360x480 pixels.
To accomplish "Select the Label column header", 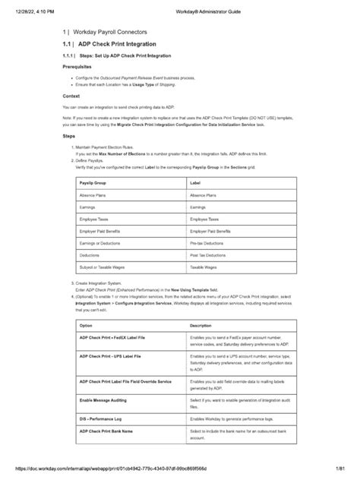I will pos(196,184).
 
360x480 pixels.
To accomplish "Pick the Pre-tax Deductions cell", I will pos(207,242).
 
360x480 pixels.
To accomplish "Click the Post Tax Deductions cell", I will pos(207,256).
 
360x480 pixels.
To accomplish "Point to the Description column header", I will pos(201,325).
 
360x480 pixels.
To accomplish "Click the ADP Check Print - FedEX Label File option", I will pos(114,336).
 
